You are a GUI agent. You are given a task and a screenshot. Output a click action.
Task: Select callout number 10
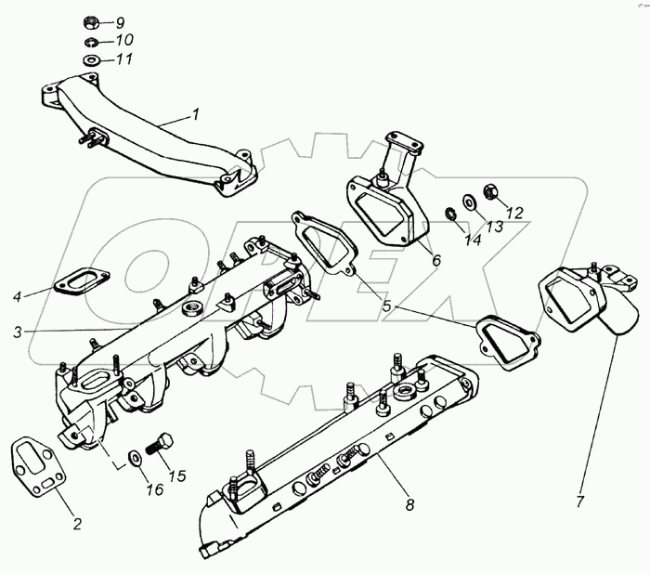click(124, 40)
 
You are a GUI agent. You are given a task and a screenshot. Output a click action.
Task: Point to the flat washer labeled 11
click(93, 60)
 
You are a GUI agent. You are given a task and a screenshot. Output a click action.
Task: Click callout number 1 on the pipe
click(195, 115)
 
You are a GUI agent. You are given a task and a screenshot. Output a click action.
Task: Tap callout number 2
click(77, 525)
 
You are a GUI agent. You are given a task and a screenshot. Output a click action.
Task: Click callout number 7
click(580, 502)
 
